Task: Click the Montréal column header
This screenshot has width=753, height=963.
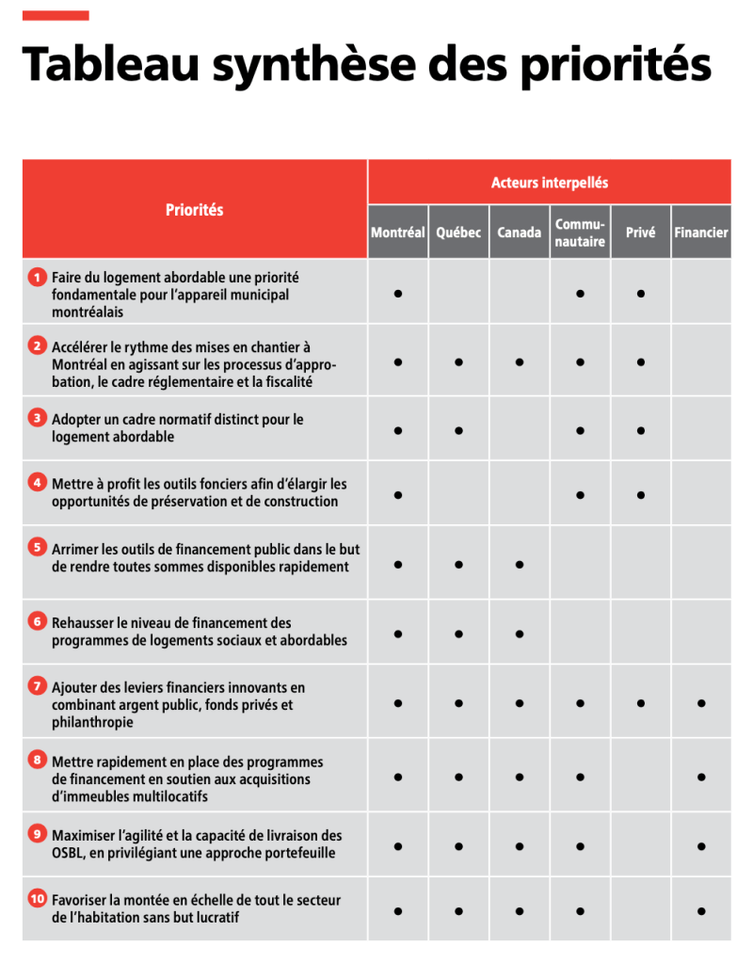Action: point(398,233)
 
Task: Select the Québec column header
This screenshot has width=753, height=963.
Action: point(458,233)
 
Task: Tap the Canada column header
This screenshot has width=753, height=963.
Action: point(520,233)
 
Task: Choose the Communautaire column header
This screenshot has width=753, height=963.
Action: point(580,233)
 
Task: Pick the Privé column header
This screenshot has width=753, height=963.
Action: point(640,233)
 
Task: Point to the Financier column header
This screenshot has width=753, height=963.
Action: point(701,233)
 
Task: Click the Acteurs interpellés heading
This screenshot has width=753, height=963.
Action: point(550,183)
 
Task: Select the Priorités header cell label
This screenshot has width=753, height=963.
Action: point(195,210)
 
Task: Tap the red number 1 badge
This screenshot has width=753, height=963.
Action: point(37,278)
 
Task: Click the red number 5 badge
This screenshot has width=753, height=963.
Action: point(37,547)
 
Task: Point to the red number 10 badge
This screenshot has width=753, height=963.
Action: point(37,899)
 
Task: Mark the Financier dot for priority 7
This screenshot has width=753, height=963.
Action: point(701,702)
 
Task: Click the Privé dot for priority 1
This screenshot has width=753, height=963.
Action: point(640,294)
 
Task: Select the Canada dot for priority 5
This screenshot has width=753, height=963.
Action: point(520,565)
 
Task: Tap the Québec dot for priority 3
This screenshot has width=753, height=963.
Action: point(458,430)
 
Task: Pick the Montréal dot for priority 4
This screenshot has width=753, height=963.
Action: point(398,494)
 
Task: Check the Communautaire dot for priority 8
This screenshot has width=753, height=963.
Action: point(580,777)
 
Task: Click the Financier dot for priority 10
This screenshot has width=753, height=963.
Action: point(701,910)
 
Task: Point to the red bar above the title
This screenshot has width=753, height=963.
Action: point(56,15)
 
